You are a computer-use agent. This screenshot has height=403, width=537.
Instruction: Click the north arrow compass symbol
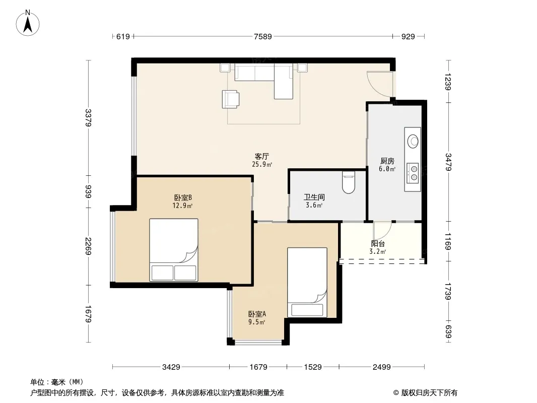[28, 23]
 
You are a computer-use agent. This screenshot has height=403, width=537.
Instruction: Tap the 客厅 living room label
[261, 157]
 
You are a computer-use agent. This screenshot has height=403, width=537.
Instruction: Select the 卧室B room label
[182, 197]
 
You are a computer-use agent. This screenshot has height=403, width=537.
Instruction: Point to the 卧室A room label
[257, 314]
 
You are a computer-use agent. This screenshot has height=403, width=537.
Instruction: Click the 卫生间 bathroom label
[314, 197]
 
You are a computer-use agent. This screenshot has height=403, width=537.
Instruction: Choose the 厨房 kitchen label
[387, 161]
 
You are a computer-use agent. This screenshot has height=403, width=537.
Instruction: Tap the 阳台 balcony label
[378, 243]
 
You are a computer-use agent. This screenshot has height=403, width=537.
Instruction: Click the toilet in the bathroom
[349, 182]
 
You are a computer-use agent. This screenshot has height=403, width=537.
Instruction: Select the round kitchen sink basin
[413, 141]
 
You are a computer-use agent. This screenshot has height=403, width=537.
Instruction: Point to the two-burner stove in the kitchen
[413, 173]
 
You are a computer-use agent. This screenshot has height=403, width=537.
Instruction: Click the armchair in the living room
[231, 99]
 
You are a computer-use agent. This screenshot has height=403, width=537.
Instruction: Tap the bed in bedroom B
[174, 250]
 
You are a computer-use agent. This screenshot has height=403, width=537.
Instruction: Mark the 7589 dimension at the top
[262, 36]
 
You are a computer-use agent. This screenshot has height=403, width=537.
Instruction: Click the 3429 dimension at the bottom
[171, 367]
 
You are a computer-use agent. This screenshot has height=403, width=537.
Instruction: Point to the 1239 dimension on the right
[448, 82]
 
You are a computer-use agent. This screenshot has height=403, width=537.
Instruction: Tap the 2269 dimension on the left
[88, 246]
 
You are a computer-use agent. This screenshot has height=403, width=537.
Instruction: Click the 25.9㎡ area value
[262, 164]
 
